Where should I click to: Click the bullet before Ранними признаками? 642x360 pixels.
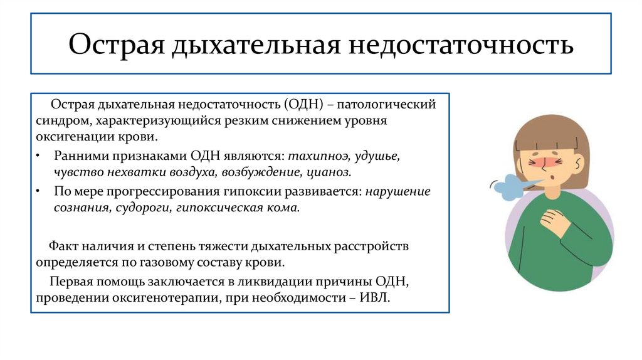(x=39, y=156)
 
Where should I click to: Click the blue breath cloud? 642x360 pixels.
(x=507, y=184)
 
